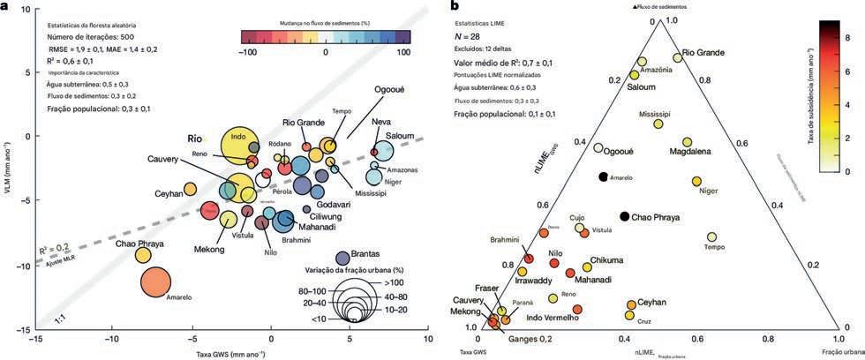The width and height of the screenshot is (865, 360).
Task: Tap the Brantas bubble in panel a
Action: pos(342,259)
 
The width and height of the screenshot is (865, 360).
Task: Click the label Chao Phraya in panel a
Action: pos(139,232)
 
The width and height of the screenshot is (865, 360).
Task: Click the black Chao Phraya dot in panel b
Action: pos(625,217)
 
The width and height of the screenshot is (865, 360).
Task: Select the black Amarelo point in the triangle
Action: pos(603,177)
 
